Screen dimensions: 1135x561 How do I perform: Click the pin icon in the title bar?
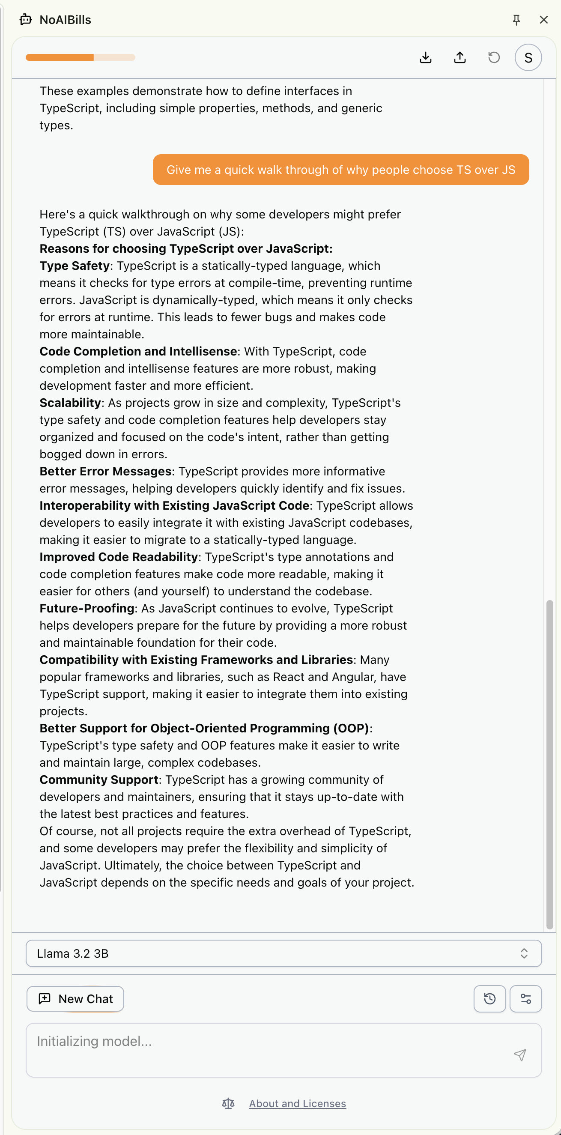[x=516, y=20]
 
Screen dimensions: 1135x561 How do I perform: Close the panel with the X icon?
[x=543, y=20]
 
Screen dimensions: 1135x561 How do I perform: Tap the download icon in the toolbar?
[x=425, y=58]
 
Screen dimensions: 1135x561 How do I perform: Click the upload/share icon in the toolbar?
[x=460, y=58]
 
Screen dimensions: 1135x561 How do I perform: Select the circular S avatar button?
[x=528, y=58]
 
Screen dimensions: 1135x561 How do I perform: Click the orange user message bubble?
[x=340, y=170]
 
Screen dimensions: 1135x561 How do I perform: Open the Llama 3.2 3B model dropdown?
[x=283, y=953]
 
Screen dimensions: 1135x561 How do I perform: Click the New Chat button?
[x=75, y=999]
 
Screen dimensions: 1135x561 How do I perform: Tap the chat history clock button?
[x=489, y=999]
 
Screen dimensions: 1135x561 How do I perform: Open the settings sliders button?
[x=525, y=999]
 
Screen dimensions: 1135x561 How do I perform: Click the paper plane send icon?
[x=520, y=1055]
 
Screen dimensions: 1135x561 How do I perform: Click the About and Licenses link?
[x=298, y=1103]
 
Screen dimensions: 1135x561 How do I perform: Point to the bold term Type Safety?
[x=75, y=266]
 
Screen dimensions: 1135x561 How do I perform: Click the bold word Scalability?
[x=71, y=403]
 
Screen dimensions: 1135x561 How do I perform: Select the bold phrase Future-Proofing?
[x=87, y=609]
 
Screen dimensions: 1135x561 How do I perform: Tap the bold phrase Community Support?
[x=99, y=780]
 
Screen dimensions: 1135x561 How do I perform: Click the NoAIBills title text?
[x=65, y=20]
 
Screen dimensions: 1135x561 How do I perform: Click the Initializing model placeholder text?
[x=94, y=1041]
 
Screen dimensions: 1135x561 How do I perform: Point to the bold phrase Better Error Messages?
[x=105, y=472]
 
